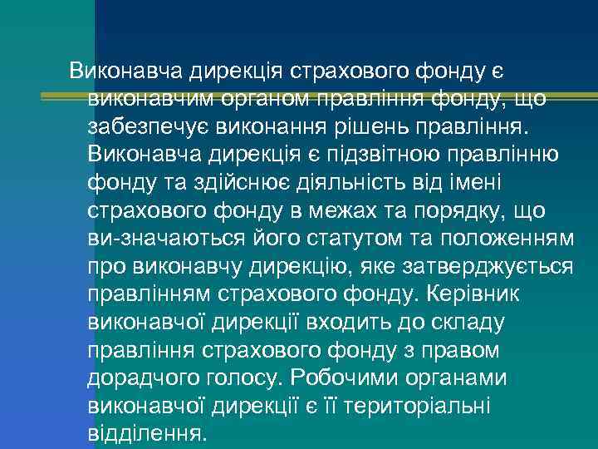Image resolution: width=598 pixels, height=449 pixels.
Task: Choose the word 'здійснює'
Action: click(239, 184)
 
